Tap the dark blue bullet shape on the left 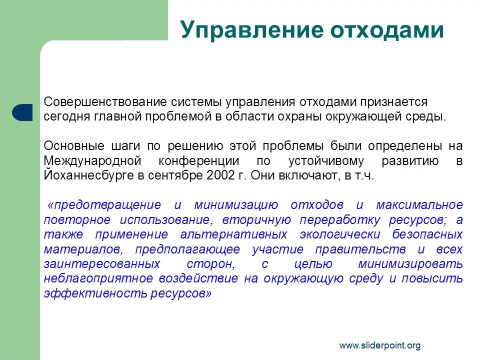point(22,112)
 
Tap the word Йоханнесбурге point(83,176)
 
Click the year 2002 point(216,176)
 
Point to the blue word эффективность point(94,293)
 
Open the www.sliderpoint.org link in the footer point(380,345)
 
